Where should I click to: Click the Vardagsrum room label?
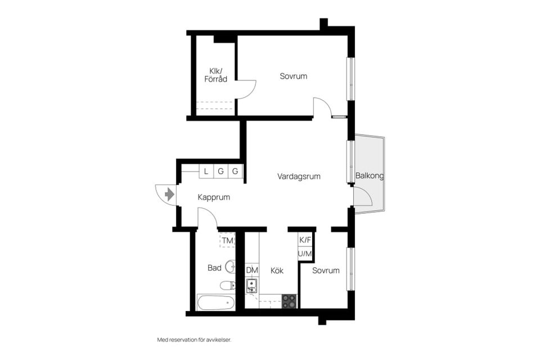[299, 177]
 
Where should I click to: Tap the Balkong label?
[370, 175]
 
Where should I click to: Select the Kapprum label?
[214, 197]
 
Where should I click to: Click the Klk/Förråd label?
[215, 75]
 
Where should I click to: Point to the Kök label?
[277, 271]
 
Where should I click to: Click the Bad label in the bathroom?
[214, 268]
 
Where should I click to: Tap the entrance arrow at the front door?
[169, 195]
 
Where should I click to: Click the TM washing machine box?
[227, 240]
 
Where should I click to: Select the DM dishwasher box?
[252, 271]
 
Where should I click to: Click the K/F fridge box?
[305, 240]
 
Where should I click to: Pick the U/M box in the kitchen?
[305, 254]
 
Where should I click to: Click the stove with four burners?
[289, 301]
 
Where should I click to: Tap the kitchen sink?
[252, 286]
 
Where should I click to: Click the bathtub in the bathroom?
[215, 302]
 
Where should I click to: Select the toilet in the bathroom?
[228, 285]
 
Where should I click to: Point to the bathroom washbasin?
[230, 266]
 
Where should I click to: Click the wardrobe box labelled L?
[206, 171]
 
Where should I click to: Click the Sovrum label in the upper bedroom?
[293, 76]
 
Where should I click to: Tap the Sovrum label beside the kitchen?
[326, 271]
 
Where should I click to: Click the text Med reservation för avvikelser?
[194, 340]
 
